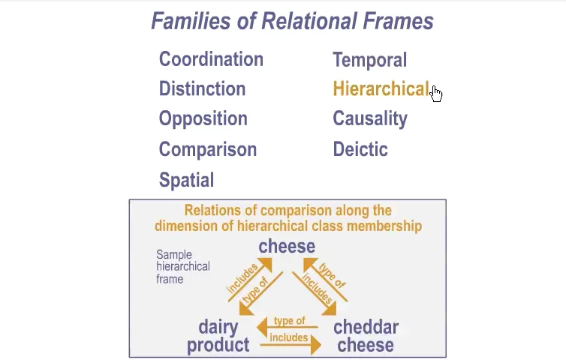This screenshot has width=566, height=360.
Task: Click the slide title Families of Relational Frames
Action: (x=293, y=21)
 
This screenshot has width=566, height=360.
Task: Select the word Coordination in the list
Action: (x=211, y=59)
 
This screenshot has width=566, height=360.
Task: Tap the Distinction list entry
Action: (x=202, y=88)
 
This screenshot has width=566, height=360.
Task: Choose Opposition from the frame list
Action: (x=203, y=119)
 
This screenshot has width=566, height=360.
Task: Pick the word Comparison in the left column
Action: (x=208, y=150)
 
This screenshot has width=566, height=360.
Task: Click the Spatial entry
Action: (x=187, y=180)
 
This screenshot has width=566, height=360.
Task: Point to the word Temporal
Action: (x=370, y=60)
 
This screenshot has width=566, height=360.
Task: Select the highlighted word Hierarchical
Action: (x=381, y=88)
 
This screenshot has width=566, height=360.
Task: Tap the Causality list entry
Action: (x=370, y=119)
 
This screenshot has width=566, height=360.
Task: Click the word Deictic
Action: (x=360, y=149)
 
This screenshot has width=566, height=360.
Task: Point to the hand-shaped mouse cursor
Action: (x=436, y=94)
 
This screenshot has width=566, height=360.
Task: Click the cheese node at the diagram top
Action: (x=287, y=246)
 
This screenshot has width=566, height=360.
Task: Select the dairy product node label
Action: (x=218, y=336)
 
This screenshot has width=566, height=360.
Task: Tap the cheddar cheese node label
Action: (x=366, y=336)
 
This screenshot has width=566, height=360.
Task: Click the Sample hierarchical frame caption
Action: (x=183, y=266)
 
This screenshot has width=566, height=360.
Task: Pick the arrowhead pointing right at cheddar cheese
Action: (x=315, y=345)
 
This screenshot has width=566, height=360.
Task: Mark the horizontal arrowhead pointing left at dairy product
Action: (x=262, y=327)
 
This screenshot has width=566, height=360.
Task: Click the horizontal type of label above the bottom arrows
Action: (x=290, y=320)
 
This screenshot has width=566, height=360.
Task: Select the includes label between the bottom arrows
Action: (x=289, y=337)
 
